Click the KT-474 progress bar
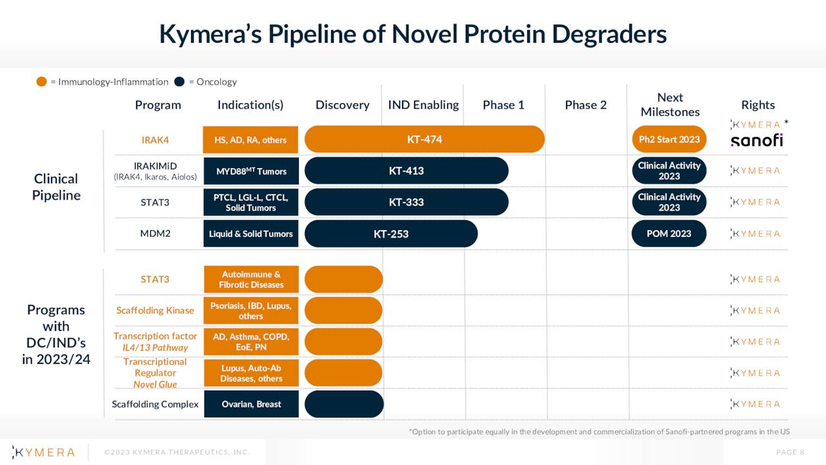click(424, 139)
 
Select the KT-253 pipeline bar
click(390, 234)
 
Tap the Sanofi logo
click(756, 140)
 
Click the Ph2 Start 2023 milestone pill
click(669, 139)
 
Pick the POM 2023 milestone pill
click(669, 234)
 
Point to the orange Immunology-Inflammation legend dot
click(42, 82)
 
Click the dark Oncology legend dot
click(179, 82)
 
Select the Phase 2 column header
click(585, 105)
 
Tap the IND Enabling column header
click(423, 105)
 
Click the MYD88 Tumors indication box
click(251, 171)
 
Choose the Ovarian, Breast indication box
click(251, 404)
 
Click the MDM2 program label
click(155, 234)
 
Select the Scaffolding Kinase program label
click(155, 311)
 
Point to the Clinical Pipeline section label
click(56, 187)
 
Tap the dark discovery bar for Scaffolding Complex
click(344, 404)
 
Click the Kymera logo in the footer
click(44, 452)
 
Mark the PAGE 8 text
click(790, 452)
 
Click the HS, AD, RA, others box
click(250, 140)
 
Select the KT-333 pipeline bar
click(406, 202)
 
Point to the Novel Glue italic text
click(155, 384)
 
